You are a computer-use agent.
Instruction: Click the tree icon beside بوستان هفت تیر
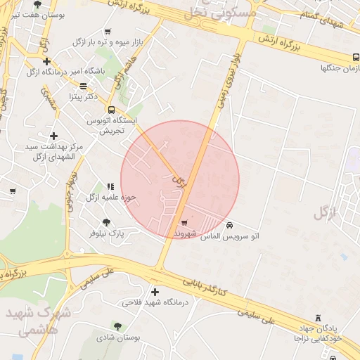point(37,4)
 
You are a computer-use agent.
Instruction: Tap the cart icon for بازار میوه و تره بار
point(108,32)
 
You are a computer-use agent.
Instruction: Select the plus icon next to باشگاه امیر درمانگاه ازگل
point(46,62)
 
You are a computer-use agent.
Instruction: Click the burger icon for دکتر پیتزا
point(84,86)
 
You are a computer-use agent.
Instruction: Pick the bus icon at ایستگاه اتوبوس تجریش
point(110,109)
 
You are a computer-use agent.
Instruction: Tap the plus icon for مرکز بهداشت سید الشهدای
point(53,136)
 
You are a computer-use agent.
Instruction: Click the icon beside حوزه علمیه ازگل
point(110,186)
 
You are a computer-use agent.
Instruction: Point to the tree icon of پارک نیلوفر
point(106,222)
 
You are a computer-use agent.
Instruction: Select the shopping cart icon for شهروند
point(184,222)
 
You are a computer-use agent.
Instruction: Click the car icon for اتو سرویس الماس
point(231,226)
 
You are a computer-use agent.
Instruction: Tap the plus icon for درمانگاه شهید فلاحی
point(155,292)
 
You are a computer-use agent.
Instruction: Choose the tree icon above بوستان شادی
point(117,326)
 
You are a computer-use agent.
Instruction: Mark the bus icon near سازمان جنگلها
point(356,58)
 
